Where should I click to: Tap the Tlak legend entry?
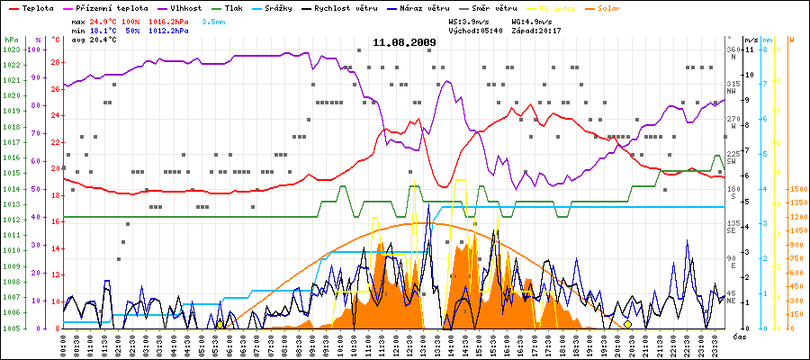click(237, 7)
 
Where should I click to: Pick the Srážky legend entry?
click(290, 7)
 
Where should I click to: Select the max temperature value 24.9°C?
click(103, 21)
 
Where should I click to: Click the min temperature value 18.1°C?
click(103, 31)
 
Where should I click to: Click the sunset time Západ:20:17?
click(538, 31)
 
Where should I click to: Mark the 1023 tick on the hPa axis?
click(11, 49)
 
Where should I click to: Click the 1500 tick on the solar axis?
click(796, 190)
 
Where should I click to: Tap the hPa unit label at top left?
click(11, 40)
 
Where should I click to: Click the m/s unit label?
click(751, 40)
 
